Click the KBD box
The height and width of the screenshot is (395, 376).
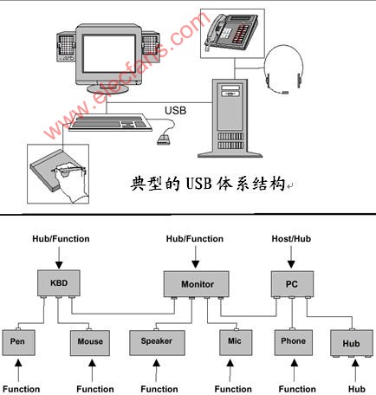coord(59,283)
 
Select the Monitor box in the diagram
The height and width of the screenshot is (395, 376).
coord(197,284)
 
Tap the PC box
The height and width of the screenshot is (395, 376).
coord(292,284)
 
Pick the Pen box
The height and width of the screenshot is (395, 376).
coord(18,342)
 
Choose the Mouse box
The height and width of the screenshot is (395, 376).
coord(90,343)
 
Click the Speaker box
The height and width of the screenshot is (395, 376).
coord(157,342)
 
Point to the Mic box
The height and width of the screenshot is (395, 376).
coord(236,342)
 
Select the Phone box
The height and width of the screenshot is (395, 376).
coord(294,342)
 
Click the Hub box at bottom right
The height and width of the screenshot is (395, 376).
coord(352,343)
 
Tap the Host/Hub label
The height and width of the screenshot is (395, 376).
coord(291,239)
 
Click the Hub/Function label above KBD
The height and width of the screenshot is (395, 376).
coord(61,239)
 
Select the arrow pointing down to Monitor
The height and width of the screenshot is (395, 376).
coord(196,256)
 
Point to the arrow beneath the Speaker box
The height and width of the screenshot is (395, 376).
coord(156,371)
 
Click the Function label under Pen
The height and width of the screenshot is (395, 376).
coord(21,389)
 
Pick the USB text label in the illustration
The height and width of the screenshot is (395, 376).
coord(176,110)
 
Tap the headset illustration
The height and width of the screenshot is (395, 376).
coord(284,69)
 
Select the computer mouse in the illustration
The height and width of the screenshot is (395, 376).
coord(164,139)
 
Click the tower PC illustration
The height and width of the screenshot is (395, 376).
coord(230,119)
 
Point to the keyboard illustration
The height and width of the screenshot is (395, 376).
coord(110,122)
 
